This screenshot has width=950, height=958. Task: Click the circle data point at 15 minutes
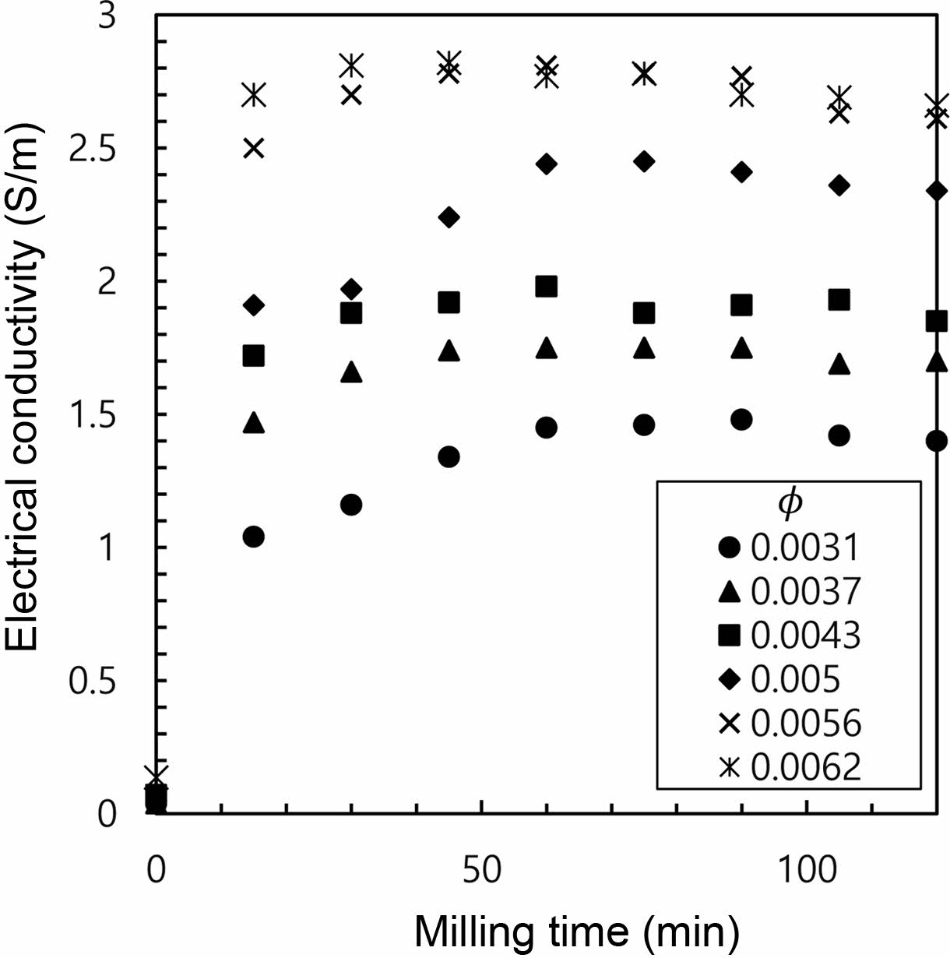pos(253,537)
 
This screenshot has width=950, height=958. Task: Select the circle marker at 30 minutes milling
pos(351,505)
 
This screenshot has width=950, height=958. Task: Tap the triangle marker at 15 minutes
pos(254,423)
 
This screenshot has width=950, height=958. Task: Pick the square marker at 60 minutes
pos(547,287)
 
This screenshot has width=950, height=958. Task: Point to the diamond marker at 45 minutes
pos(449,217)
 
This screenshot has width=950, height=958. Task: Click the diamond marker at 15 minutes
pos(254,305)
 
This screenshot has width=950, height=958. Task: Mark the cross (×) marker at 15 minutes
pos(254,148)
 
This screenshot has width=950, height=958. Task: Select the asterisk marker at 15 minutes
pos(254,94)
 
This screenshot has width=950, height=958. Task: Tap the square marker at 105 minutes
pos(839,300)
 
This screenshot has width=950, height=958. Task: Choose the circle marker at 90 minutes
pos(741,419)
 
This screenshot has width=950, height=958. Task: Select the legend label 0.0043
pos(805,636)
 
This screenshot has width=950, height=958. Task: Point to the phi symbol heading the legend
pos(789,503)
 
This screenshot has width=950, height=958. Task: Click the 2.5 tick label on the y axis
pos(92,149)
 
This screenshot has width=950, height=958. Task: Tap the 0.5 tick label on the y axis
pos(92,681)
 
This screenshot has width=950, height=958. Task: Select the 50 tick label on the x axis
pos(481,869)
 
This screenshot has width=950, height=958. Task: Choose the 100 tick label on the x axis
pos(807,869)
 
